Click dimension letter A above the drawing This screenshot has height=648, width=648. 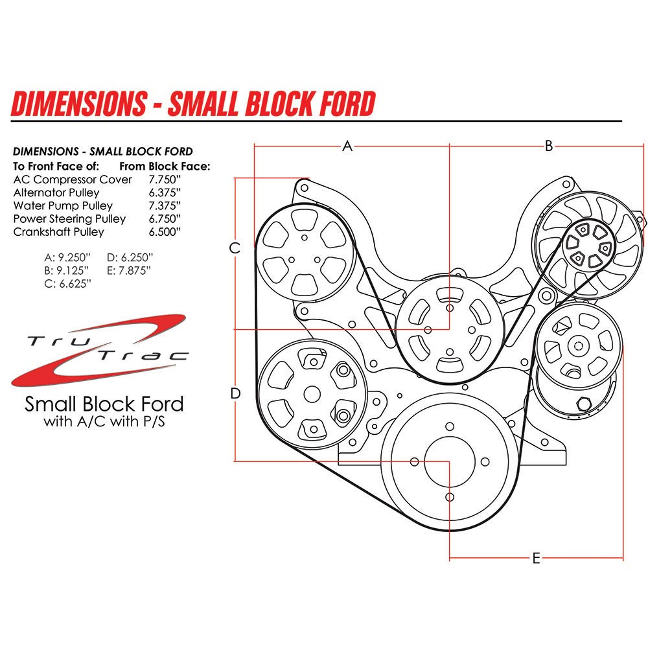click(347, 146)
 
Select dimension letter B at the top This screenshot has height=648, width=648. click(548, 146)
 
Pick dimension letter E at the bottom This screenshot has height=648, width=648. click(536, 559)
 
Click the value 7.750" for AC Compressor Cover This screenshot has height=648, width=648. click(165, 179)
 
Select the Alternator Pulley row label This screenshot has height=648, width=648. click(56, 192)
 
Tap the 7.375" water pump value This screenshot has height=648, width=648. click(165, 205)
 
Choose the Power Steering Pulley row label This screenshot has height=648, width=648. click(69, 218)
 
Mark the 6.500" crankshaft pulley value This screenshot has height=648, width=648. click(165, 231)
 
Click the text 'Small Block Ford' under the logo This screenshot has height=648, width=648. click(104, 404)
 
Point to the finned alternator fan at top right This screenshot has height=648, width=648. click(586, 246)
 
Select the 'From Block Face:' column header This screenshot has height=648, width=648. click(165, 166)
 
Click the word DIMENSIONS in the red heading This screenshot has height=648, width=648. click(79, 104)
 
